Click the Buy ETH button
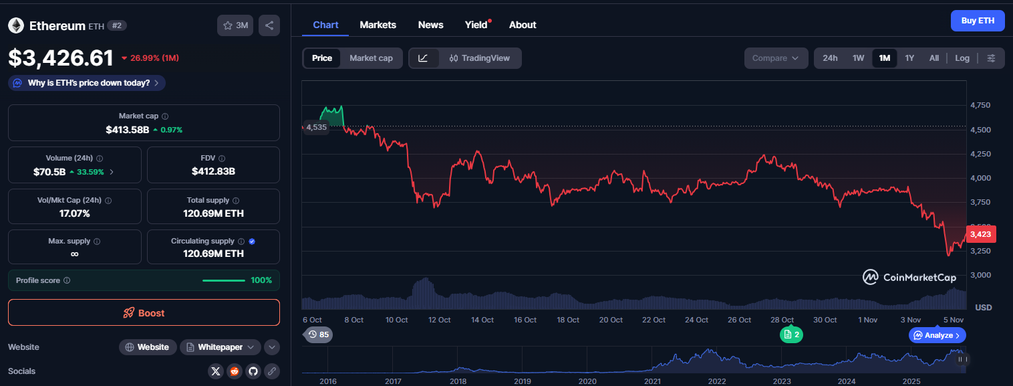click(x=978, y=21)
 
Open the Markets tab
click(x=378, y=25)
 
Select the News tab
click(x=430, y=25)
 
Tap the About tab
click(x=523, y=25)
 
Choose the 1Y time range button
click(x=909, y=58)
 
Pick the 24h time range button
click(x=830, y=58)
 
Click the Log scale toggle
click(x=962, y=58)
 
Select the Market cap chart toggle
click(x=371, y=58)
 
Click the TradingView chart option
click(x=479, y=58)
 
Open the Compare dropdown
click(x=775, y=58)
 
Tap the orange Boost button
click(x=144, y=312)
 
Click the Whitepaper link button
click(x=221, y=347)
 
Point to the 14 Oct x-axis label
click(x=482, y=320)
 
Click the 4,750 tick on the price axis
click(x=980, y=105)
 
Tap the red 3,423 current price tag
click(x=980, y=234)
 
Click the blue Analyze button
click(x=937, y=335)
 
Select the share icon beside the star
click(x=269, y=25)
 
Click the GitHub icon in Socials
click(x=253, y=371)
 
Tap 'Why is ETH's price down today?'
click(x=87, y=83)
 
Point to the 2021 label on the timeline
click(x=652, y=381)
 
